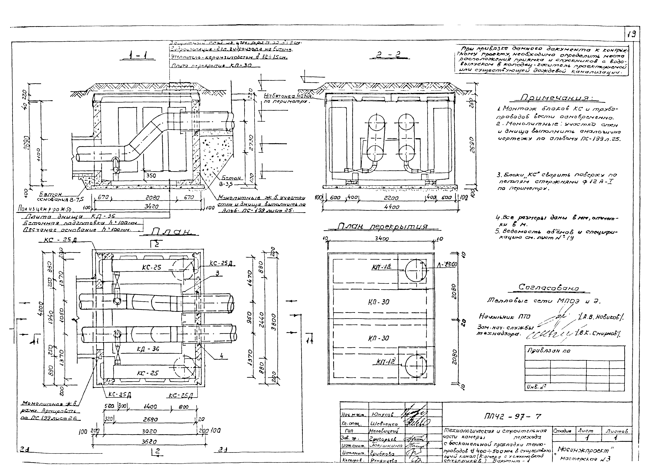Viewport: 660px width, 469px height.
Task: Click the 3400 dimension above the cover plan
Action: point(382,239)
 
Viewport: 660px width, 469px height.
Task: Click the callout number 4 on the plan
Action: point(221,356)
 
